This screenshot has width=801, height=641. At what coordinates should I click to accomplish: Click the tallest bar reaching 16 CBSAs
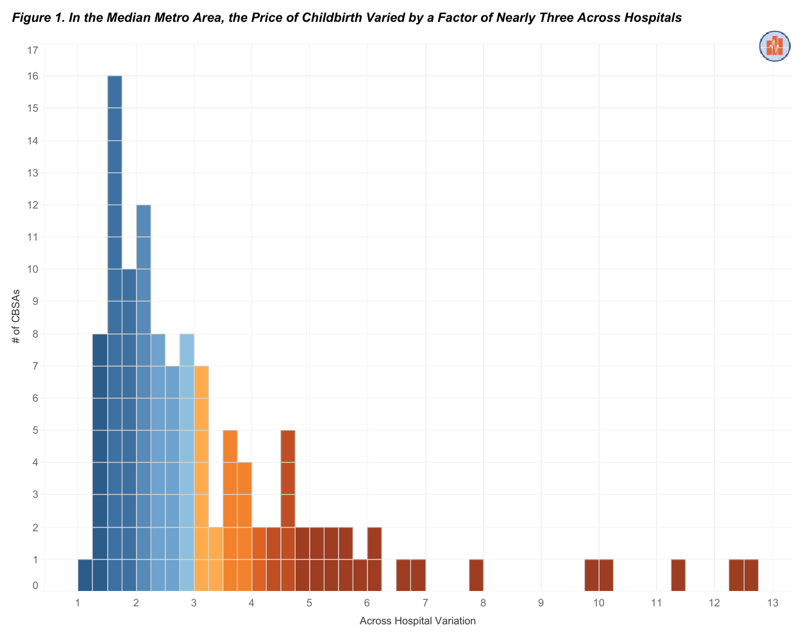point(115,321)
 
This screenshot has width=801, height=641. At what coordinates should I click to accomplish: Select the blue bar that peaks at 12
point(144,385)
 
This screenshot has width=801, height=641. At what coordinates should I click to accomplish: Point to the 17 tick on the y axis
point(33,50)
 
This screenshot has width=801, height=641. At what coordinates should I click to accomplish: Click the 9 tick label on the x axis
point(541,603)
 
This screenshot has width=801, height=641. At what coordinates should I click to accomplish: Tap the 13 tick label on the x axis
point(772,603)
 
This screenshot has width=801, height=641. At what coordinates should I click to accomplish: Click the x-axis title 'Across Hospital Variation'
point(417,621)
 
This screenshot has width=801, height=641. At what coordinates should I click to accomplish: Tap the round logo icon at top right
point(775,46)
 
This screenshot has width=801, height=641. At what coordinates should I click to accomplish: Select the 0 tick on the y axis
point(35,586)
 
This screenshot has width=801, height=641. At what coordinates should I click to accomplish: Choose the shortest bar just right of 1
point(85,575)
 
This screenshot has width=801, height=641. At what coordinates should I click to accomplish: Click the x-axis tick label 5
point(309,603)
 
